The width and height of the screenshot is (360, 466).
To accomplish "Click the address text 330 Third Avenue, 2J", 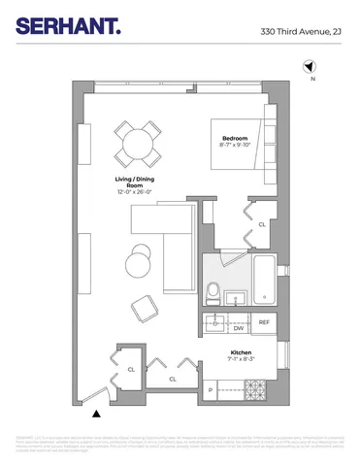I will pyautogui.click(x=301, y=32).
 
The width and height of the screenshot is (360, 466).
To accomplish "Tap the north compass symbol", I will pyautogui.click(x=310, y=68).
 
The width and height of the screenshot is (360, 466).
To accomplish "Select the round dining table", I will pyautogui.click(x=136, y=145).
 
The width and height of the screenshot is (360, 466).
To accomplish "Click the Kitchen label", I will pyautogui.click(x=241, y=352).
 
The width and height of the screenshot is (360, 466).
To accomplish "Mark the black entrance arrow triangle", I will pyautogui.click(x=95, y=415).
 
